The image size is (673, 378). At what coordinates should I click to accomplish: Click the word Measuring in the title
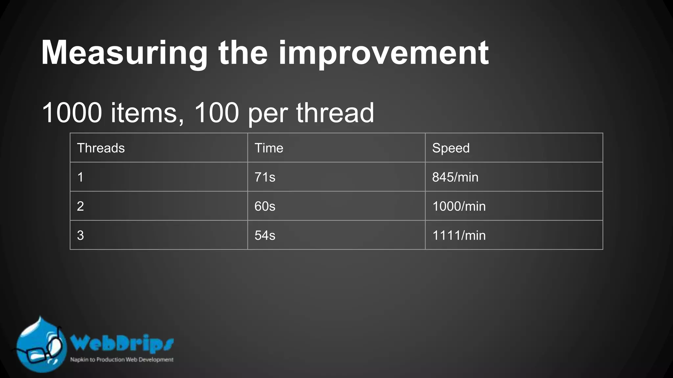124,53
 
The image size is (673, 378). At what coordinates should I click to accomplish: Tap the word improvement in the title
383,53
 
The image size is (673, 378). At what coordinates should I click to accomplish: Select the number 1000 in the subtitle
72,113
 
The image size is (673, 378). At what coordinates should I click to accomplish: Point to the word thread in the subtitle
335,113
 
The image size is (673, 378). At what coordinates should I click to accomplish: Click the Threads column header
101,148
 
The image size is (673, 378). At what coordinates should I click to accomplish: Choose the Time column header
269,148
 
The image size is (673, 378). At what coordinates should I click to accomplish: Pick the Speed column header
451,148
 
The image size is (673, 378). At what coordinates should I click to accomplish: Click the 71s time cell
265,177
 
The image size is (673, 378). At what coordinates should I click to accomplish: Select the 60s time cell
265,206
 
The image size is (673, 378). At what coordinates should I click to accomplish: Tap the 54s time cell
265,235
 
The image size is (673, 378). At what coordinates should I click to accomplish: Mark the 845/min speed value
455,177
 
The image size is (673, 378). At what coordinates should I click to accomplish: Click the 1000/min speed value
459,206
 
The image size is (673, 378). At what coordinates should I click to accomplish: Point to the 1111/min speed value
459,235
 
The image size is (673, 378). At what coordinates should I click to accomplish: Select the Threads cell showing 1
81,177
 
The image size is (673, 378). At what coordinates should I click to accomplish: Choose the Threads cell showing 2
81,206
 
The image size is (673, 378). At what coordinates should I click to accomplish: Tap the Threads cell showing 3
81,235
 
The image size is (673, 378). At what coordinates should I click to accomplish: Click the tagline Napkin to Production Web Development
122,360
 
